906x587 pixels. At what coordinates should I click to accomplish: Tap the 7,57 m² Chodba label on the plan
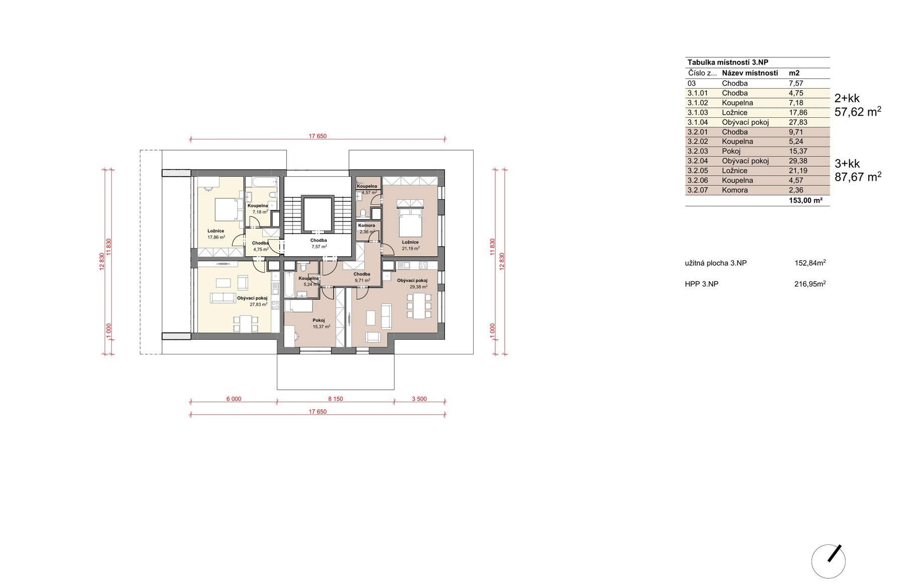(319, 244)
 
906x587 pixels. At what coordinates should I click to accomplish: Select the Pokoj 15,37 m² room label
(321, 323)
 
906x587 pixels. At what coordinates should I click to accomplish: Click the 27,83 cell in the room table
(798, 122)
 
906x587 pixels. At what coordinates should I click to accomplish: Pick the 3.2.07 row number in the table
(697, 190)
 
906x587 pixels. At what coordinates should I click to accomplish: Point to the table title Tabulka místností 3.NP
(728, 62)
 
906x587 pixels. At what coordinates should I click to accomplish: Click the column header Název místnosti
(749, 73)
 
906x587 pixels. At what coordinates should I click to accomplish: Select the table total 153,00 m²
(806, 200)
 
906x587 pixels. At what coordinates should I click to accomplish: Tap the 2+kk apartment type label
(847, 98)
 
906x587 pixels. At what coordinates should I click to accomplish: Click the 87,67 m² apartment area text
(858, 177)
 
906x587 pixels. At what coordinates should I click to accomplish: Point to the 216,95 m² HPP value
(810, 283)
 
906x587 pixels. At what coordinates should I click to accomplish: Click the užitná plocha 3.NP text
(716, 263)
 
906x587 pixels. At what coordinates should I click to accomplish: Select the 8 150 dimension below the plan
(335, 399)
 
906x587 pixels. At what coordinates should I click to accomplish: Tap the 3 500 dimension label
(419, 399)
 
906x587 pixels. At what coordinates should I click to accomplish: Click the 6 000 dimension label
(234, 399)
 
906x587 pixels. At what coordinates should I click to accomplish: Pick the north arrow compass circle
(828, 561)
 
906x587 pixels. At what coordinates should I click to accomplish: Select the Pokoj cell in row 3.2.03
(731, 151)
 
